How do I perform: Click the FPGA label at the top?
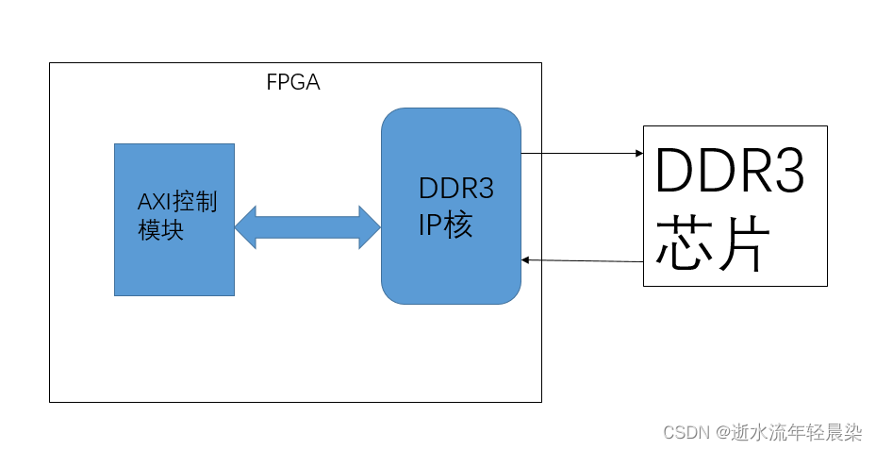pyautogui.click(x=293, y=83)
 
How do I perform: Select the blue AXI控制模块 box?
pyautogui.click(x=174, y=264)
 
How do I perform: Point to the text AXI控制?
pyautogui.click(x=177, y=202)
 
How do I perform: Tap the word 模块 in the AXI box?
pyautogui.click(x=160, y=230)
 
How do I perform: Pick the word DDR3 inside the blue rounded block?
pyautogui.click(x=455, y=190)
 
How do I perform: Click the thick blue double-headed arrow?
pyautogui.click(x=307, y=226)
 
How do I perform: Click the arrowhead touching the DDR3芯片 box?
pyautogui.click(x=637, y=152)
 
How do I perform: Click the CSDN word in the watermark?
pyautogui.click(x=686, y=433)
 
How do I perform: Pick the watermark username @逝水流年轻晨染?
pyautogui.click(x=788, y=433)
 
